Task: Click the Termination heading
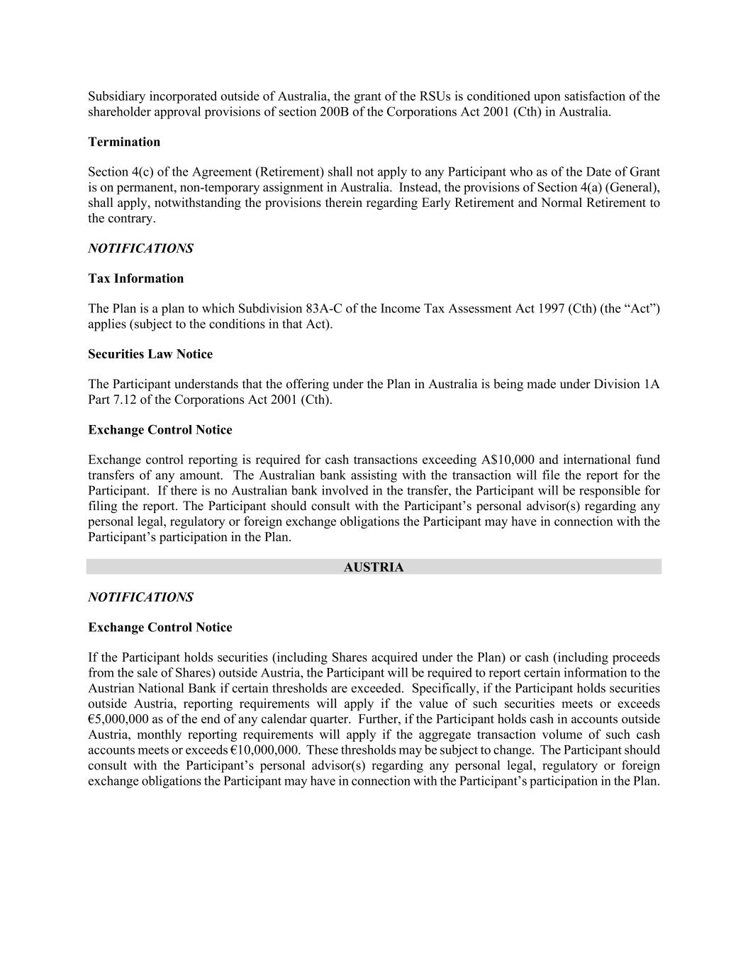pos(124,142)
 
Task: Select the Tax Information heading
pos(135,278)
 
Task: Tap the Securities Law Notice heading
pos(150,354)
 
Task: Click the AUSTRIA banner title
pos(374,567)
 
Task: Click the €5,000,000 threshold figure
pos(118,719)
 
